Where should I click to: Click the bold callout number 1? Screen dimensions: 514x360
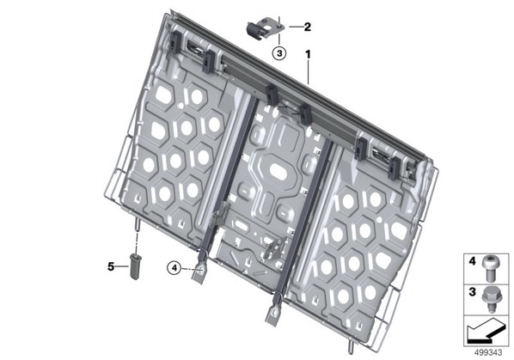click(308, 54)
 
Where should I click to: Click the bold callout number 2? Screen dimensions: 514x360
click(307, 27)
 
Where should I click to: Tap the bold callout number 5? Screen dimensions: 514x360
click(111, 266)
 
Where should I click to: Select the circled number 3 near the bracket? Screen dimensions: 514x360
click(279, 53)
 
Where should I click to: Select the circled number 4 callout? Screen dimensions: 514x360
click(174, 268)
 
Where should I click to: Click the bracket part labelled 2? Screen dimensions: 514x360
click(265, 29)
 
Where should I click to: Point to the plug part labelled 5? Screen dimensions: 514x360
click(135, 265)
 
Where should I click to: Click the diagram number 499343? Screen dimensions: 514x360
click(488, 352)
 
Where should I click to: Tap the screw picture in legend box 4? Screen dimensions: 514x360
click(489, 268)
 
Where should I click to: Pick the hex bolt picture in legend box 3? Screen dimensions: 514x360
click(490, 299)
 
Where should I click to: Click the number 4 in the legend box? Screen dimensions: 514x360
click(472, 261)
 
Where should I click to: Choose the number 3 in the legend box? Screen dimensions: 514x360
click(472, 291)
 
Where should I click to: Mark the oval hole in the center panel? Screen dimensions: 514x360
click(279, 170)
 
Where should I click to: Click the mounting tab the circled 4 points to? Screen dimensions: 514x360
click(199, 271)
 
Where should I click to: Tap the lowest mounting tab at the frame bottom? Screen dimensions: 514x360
click(273, 314)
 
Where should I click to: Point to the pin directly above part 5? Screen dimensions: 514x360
click(137, 225)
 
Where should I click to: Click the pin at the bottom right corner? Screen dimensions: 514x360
click(352, 346)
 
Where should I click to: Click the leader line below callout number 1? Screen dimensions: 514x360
click(308, 72)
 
